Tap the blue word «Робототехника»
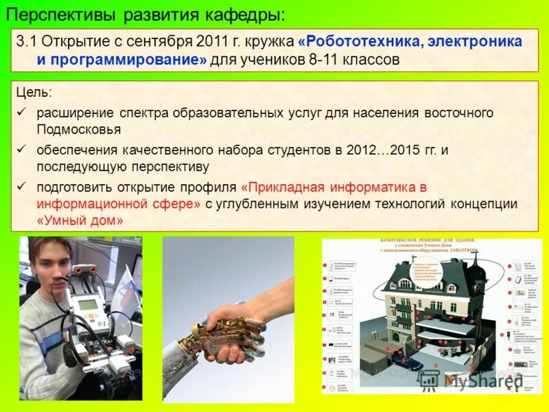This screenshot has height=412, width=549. (361, 41)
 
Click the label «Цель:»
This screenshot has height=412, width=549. (34, 92)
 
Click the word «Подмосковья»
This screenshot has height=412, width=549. (79, 129)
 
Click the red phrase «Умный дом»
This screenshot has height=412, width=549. (80, 222)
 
